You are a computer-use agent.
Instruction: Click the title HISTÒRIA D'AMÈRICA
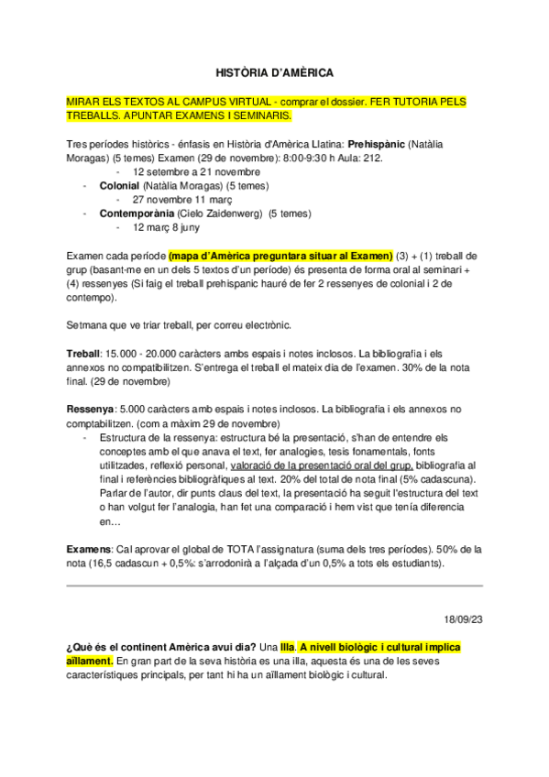point(274,71)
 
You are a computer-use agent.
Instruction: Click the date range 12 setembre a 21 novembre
point(196,171)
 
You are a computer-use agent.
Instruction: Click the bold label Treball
point(85,353)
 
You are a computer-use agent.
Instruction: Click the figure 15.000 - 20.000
point(143,353)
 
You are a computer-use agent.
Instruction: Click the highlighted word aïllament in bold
point(90,661)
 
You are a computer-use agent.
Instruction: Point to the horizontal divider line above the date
point(274,585)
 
